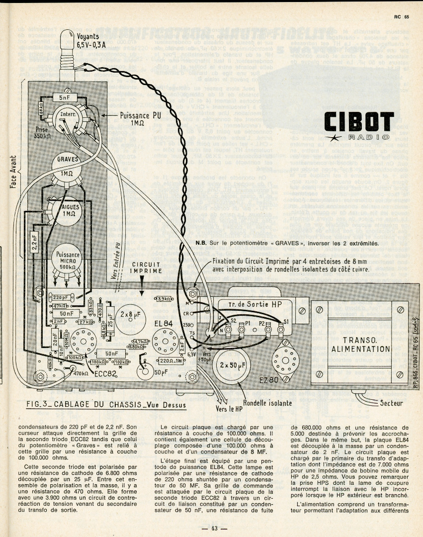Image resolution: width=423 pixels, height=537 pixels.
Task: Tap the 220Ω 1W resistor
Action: [170, 361]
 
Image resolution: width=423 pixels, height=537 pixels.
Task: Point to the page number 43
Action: [211, 528]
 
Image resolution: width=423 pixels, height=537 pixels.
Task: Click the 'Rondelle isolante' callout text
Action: [267, 402]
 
